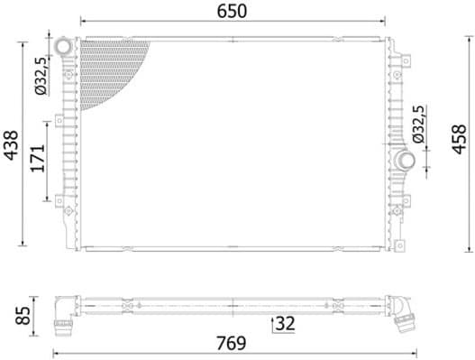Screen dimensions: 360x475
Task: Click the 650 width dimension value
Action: coord(233,11)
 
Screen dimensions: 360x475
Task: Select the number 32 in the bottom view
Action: coord(287,321)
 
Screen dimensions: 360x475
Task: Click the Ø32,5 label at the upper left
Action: coord(40,77)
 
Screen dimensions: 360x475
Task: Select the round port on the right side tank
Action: coord(405,161)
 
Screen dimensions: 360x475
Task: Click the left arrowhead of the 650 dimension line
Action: coord(84,19)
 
